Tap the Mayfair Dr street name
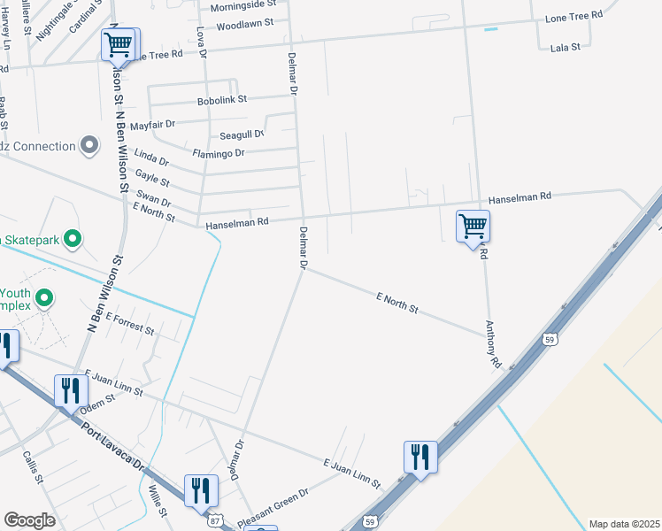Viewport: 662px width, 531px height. pos(153,126)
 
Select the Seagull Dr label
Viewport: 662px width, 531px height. pos(241,135)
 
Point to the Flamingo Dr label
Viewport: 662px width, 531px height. pos(218,153)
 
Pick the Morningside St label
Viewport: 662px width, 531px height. pos(239,6)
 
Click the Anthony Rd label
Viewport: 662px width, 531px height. pos(493,344)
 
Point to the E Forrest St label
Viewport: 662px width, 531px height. pos(129,324)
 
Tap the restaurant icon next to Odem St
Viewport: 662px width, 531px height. pos(69,389)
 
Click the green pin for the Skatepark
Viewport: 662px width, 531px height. pos(74,238)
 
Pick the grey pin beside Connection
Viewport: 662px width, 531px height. pos(88,145)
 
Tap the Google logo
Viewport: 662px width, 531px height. pos(29,520)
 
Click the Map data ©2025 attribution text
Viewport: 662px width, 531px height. pos(623,524)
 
